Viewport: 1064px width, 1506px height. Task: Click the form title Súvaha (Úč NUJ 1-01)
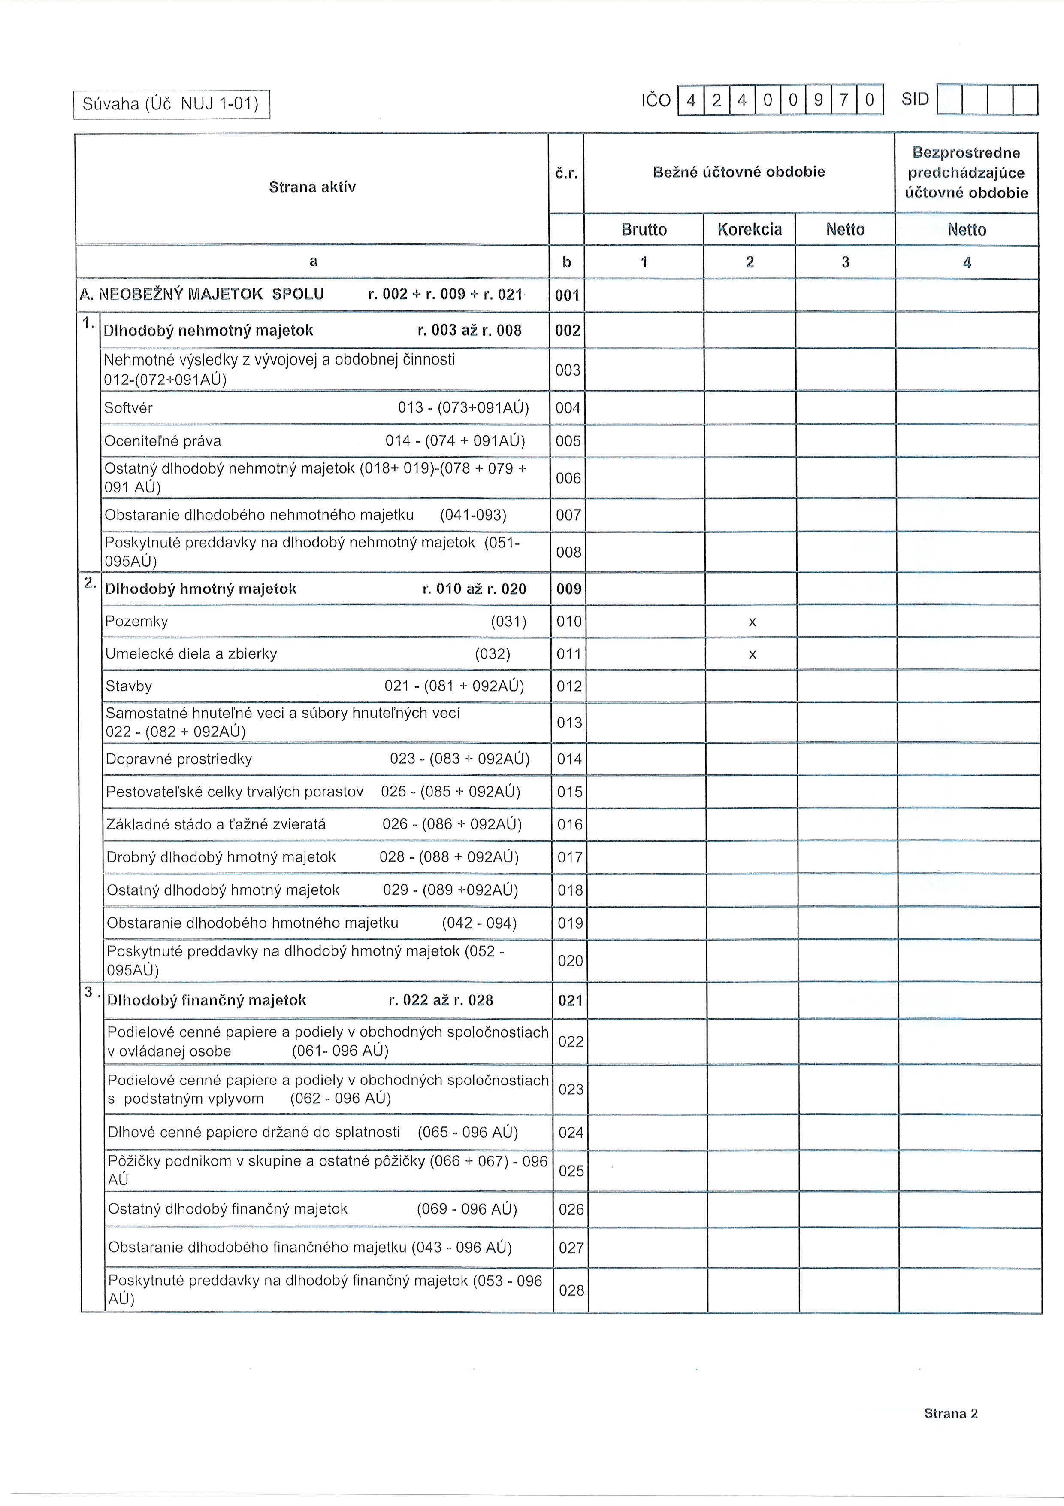[x=171, y=103]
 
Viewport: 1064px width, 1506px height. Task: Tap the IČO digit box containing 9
[x=817, y=100]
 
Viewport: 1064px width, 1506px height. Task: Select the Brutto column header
[x=644, y=230]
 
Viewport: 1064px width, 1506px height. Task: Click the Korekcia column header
[x=750, y=230]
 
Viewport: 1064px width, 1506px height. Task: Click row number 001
[x=567, y=295]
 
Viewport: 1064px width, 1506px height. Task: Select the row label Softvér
[x=128, y=408]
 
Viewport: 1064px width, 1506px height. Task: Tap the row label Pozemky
[x=137, y=621]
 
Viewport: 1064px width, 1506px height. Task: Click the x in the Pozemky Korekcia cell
[x=752, y=622]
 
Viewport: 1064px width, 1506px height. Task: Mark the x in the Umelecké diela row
[x=752, y=655]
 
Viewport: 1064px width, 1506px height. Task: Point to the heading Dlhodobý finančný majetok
[x=206, y=1000]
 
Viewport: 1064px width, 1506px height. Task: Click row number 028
[x=571, y=1290]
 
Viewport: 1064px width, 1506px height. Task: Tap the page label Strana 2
[x=951, y=1414]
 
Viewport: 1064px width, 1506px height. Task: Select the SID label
[x=915, y=100]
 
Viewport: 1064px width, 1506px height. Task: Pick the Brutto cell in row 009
[x=644, y=589]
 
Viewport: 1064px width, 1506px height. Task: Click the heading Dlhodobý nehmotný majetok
[x=209, y=330]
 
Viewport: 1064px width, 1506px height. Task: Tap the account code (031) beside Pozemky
[x=509, y=621]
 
